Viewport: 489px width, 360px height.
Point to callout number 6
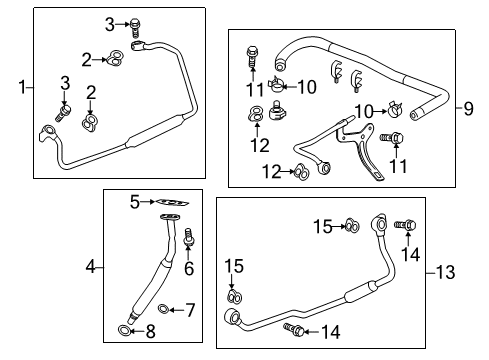187,269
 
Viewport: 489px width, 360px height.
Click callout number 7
191,310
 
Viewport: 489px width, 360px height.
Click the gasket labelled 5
173,206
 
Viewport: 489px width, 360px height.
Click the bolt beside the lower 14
292,328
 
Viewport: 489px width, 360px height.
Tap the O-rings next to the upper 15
352,226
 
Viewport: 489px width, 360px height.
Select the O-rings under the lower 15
233,296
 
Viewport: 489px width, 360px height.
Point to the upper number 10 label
306,87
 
